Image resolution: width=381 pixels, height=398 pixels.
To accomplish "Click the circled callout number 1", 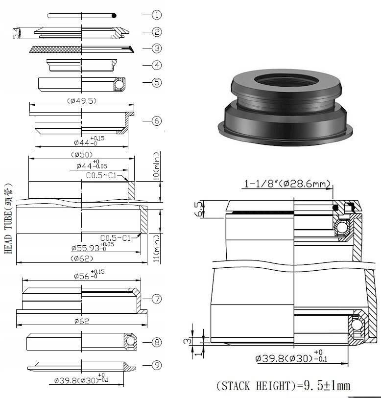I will (157, 15).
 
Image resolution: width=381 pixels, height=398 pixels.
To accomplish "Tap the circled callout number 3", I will (157, 48).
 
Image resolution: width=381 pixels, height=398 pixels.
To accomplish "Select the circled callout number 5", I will (157, 82).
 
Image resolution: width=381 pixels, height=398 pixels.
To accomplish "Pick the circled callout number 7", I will (157, 298).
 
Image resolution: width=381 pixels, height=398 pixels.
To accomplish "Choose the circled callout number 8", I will (157, 342).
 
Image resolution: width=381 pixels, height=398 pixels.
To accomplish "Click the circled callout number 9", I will (157, 365).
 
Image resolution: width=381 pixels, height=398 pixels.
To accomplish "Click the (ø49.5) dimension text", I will (81, 101).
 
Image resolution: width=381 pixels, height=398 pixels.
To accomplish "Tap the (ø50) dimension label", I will (81, 155).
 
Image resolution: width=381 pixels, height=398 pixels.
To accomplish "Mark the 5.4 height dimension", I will (16, 33).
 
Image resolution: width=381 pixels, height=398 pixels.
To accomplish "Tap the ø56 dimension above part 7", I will (89, 276).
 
